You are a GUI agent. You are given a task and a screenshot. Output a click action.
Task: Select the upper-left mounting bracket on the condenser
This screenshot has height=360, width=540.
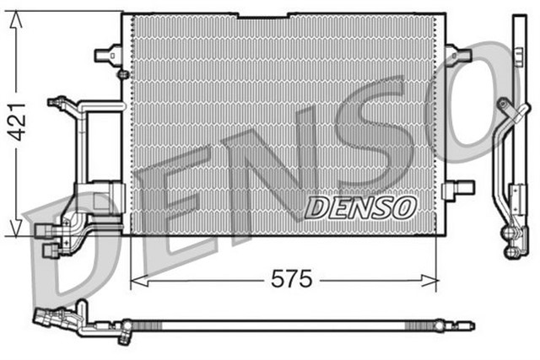coord(106,56)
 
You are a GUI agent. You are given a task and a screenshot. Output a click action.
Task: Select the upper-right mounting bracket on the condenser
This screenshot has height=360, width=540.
coord(459,56)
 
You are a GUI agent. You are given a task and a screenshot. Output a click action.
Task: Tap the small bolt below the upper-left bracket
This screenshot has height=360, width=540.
coord(123,75)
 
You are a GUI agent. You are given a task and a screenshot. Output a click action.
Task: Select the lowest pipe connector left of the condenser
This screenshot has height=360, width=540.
coord(50,251)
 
